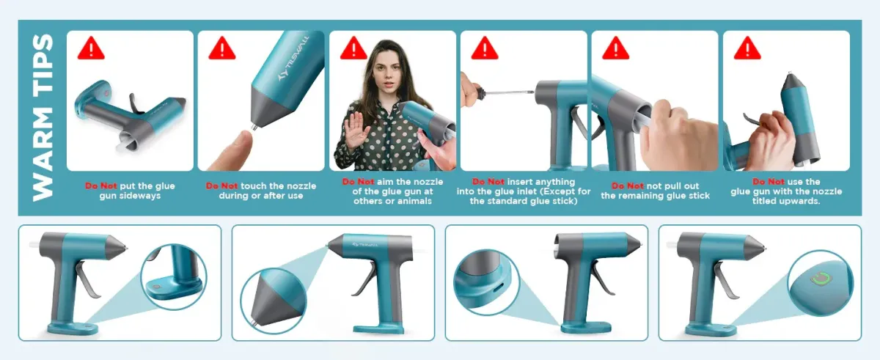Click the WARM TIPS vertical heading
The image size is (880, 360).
click(x=43, y=118)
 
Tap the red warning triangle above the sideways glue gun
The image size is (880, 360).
click(x=91, y=48)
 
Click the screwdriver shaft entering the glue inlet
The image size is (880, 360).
click(x=510, y=92)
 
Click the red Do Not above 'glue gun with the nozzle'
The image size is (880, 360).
click(x=769, y=182)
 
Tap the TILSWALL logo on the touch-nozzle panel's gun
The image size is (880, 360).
click(x=294, y=59)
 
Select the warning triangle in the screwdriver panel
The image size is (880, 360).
click(x=485, y=48)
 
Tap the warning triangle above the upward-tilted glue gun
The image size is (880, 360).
click(x=747, y=48)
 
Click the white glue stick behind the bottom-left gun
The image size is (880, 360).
click(x=34, y=245)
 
